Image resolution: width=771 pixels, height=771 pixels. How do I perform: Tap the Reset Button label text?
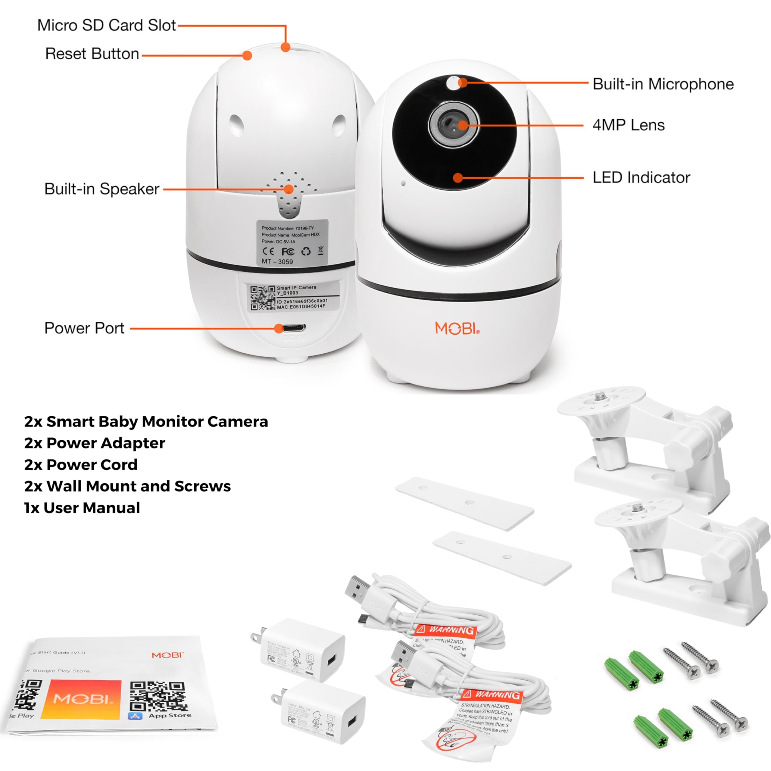coord(92,54)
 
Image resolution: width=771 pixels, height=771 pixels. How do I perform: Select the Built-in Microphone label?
coord(663,84)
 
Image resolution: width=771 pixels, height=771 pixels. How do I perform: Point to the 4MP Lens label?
coord(629,125)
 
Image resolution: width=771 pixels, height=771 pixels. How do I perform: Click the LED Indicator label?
coord(641,178)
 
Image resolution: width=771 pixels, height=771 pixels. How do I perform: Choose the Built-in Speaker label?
coord(102,189)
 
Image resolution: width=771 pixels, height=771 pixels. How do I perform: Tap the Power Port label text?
coord(84,328)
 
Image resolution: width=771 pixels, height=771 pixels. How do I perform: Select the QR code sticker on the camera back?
coord(263,298)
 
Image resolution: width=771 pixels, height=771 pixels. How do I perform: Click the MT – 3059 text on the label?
coord(277,262)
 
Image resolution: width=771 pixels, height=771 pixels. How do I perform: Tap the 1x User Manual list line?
coord(82,508)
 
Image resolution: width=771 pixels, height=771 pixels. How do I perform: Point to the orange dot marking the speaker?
coord(289,189)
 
